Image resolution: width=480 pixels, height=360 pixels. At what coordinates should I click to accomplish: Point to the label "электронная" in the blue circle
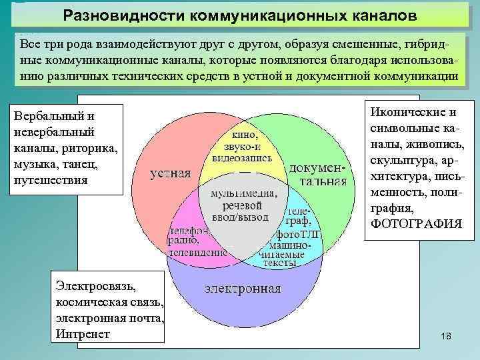(243, 289)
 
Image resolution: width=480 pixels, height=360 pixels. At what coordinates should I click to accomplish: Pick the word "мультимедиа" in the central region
(245, 193)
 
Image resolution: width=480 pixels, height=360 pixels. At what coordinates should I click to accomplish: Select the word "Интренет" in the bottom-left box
(83, 333)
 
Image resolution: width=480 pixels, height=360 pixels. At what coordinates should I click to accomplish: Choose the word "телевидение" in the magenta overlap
(197, 253)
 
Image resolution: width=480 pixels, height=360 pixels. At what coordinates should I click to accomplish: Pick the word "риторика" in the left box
(87, 148)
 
